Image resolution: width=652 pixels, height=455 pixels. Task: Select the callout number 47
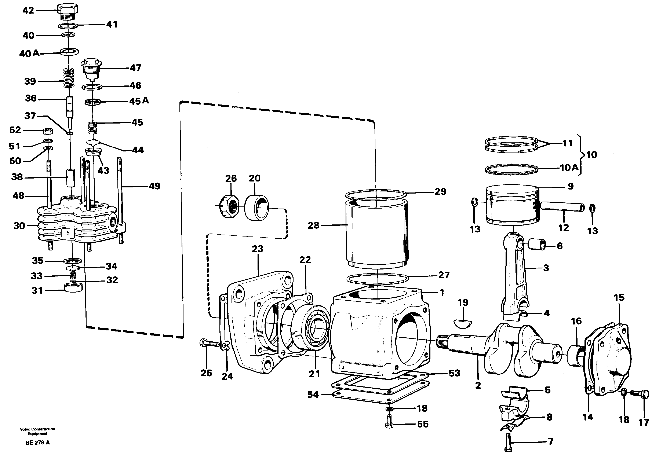point(135,68)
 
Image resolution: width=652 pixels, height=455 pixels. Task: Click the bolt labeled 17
point(641,394)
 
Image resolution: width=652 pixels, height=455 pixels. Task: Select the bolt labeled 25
point(210,344)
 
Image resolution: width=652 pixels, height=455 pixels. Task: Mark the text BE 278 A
point(37,443)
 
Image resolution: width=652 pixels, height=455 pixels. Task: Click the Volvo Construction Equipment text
point(37,431)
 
